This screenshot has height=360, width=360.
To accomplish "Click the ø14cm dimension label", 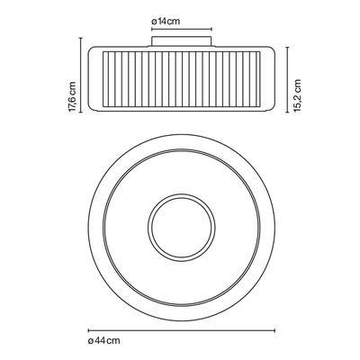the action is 166,22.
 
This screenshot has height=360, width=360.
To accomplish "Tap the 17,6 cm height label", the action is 73,97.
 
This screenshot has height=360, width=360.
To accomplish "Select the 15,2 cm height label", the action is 297,95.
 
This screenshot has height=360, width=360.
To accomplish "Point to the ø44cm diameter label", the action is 103,341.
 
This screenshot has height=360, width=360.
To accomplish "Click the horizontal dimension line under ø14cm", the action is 182,29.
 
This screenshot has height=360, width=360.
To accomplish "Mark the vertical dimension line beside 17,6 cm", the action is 80,76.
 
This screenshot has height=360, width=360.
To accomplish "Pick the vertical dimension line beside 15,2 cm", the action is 287,79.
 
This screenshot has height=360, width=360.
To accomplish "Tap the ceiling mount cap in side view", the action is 182,41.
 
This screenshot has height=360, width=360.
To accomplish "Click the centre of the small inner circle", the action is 182,228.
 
